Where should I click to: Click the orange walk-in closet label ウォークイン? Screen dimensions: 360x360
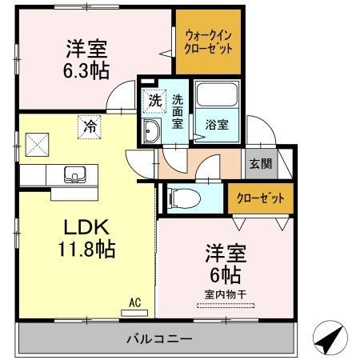click(209, 36)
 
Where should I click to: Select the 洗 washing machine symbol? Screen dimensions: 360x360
click(153, 102)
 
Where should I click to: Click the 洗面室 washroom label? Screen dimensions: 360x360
click(178, 111)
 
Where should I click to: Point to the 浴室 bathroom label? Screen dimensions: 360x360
click(215, 125)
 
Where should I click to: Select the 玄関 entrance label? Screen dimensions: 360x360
click(260, 164)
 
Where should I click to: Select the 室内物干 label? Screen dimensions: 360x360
click(225, 295)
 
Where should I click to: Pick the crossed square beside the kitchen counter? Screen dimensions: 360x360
click(37, 145)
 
